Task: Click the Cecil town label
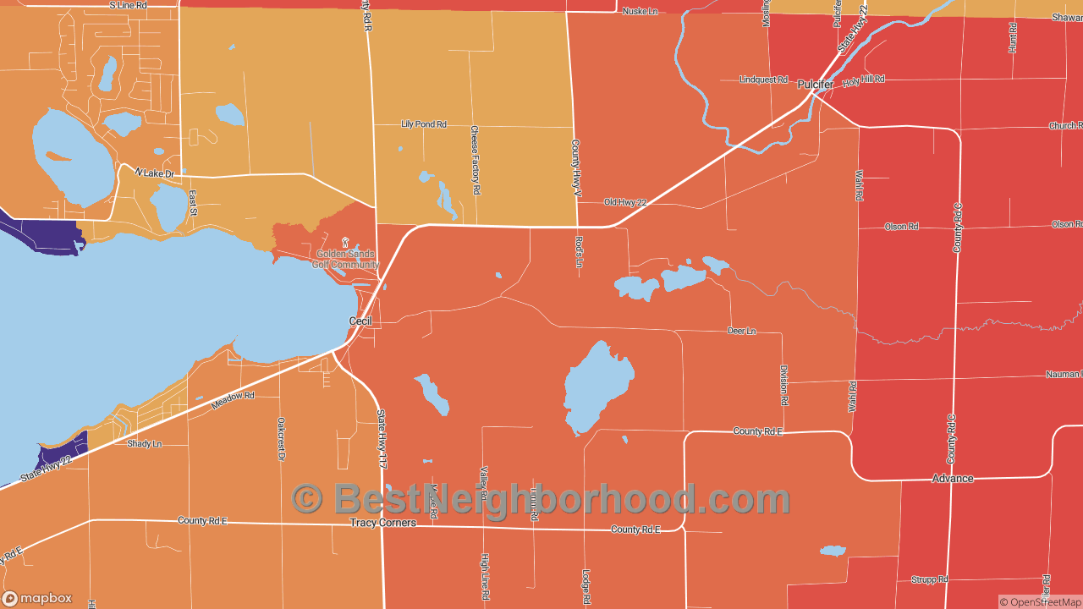tap(360, 321)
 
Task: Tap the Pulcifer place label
tap(816, 85)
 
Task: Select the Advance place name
tap(953, 479)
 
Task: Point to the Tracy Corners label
tap(383, 523)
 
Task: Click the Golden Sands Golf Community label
tap(345, 259)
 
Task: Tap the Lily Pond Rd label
tap(423, 124)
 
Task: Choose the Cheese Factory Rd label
tap(475, 161)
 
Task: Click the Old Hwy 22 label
tap(625, 202)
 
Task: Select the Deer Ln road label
tap(741, 331)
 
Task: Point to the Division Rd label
tap(784, 386)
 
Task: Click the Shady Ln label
tap(144, 443)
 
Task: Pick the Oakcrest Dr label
tap(281, 439)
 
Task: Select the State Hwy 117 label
tap(382, 439)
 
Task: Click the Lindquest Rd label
tap(763, 80)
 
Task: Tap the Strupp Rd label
tap(929, 579)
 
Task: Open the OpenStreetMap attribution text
tap(1040, 602)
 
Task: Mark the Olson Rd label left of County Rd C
tap(901, 227)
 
